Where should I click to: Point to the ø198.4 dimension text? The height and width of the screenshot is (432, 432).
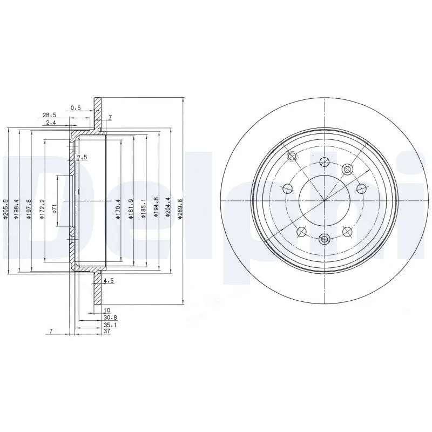16,208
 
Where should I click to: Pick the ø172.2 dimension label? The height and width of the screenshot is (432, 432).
42,208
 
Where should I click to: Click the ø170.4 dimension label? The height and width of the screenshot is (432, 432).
118,209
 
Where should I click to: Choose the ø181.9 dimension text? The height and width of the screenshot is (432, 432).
130,209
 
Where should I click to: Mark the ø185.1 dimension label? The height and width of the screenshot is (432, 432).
143,209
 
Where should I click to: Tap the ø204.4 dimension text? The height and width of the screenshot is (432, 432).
168,208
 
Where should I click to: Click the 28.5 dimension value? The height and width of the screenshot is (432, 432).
50,115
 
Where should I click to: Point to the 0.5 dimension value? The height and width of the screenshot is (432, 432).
76,107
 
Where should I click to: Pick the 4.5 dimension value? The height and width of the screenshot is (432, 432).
107,280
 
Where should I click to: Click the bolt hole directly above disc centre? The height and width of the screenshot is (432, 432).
325,161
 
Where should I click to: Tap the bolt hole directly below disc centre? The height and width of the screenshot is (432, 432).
325,239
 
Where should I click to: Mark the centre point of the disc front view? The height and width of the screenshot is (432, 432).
325,200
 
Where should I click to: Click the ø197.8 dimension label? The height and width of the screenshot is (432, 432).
29,208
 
